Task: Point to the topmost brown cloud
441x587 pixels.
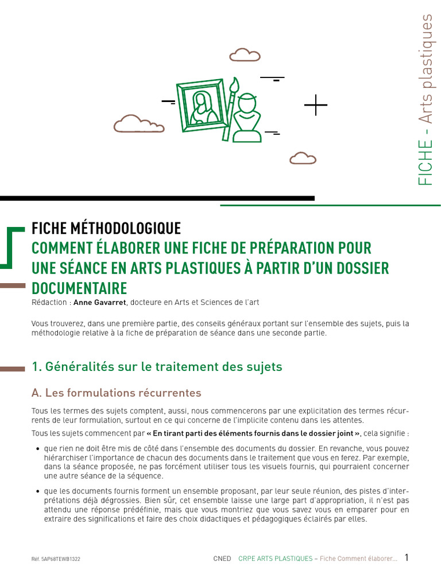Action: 245,54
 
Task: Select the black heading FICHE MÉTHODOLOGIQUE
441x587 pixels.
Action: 106,228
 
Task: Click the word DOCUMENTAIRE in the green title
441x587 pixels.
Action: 79,287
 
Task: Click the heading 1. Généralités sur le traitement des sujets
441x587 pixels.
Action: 157,366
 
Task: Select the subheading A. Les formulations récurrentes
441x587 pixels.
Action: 117,393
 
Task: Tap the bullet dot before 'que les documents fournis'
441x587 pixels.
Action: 37,492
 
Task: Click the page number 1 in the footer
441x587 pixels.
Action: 407,558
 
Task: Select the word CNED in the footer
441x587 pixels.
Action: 222,559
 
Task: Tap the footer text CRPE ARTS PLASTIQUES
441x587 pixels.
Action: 275,559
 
